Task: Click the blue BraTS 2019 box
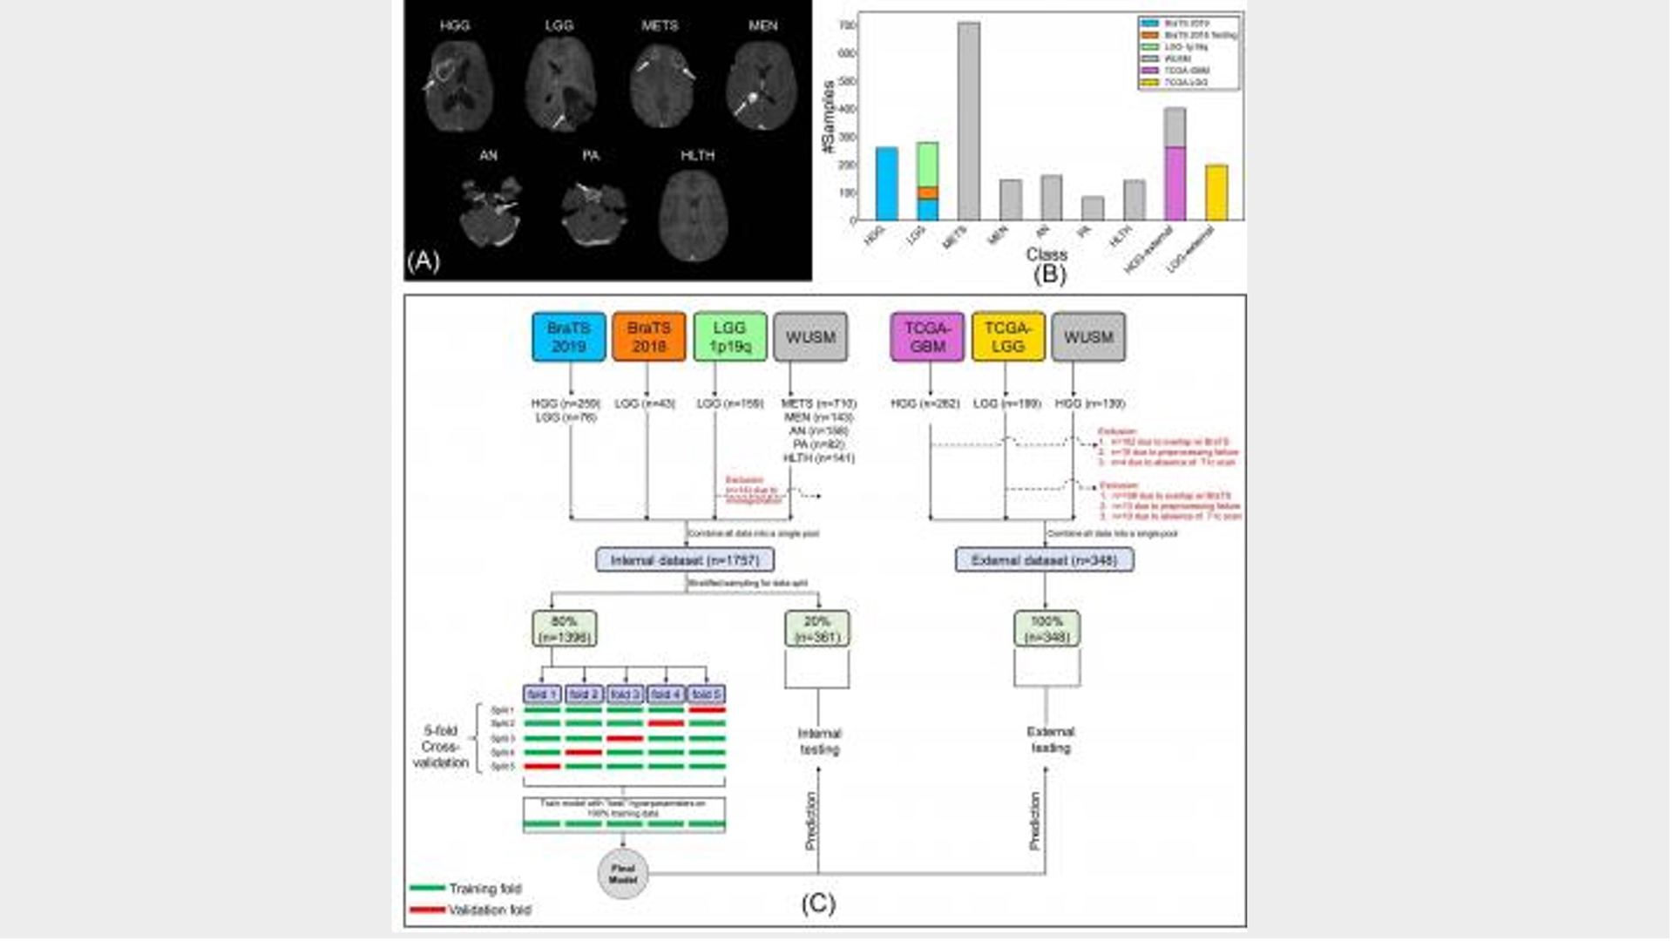pos(568,336)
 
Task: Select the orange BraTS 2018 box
pos(648,336)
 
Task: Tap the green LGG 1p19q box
pos(729,336)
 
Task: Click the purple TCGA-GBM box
pos(926,336)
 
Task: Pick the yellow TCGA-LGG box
pos(1007,336)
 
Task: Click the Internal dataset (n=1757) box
pos(685,559)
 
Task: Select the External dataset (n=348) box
pos(1044,559)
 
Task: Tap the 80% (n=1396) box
pos(564,628)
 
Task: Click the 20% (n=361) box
pos(816,628)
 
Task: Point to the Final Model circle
pos(622,873)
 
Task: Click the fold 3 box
pos(624,694)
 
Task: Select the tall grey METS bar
pos(968,122)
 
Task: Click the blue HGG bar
pos(886,184)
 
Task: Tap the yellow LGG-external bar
pos(1216,193)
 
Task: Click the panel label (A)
pos(423,260)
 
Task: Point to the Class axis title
pos(1046,254)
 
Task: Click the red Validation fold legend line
pos(427,910)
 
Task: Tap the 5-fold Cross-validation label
pos(440,747)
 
